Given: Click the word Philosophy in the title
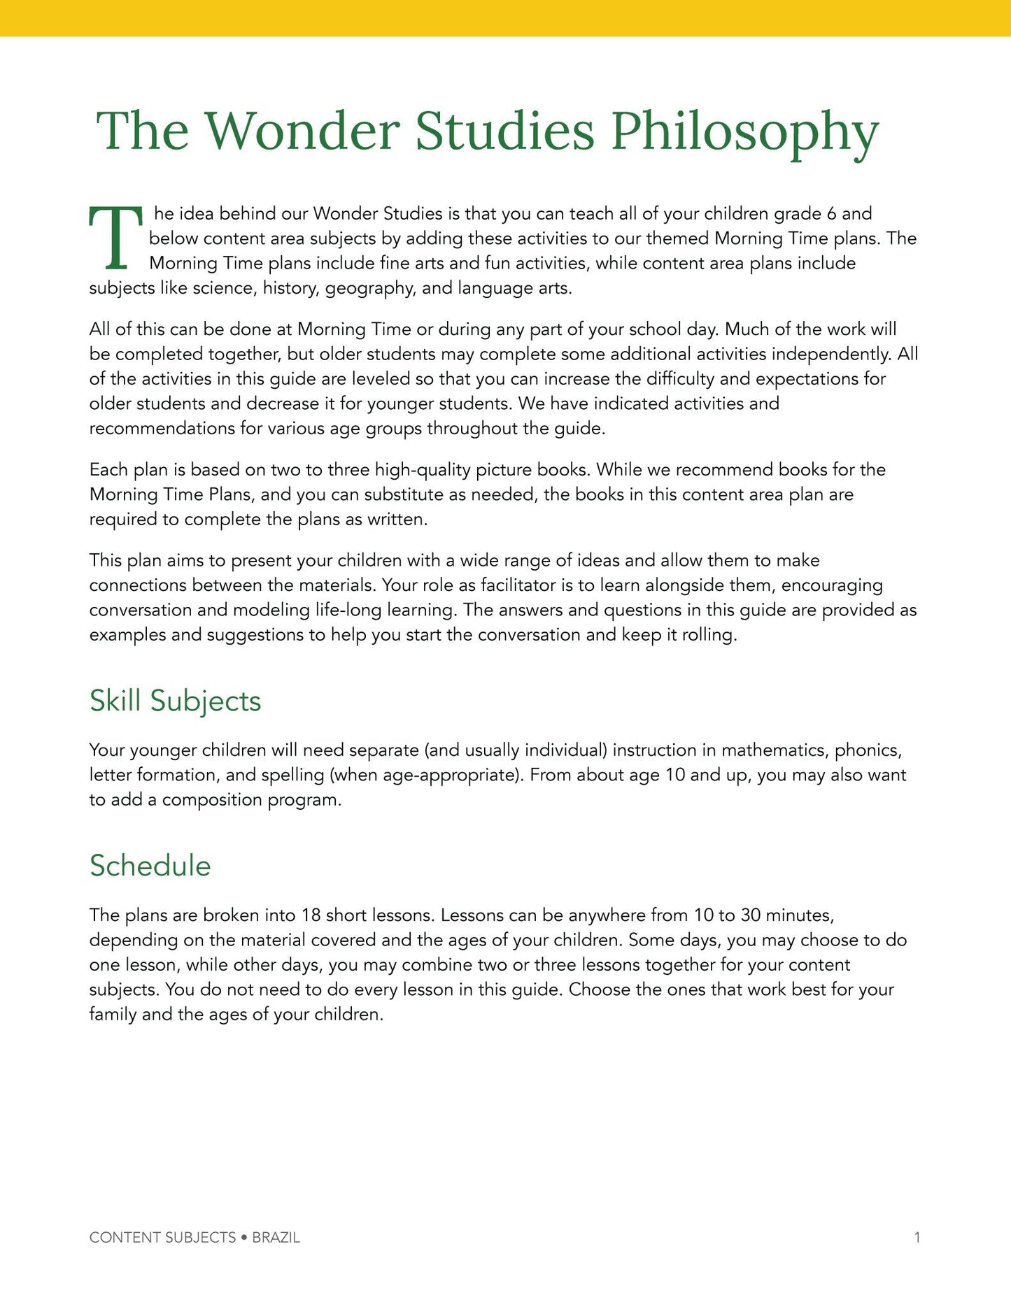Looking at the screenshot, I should coord(744,131).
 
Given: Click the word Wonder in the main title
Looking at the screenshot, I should coord(302,131).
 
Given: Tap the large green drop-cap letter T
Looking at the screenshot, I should coord(115,238).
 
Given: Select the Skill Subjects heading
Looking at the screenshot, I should coord(175,701).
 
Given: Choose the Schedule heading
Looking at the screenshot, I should coord(150,866).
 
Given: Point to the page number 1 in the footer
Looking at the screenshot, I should coord(917,1237).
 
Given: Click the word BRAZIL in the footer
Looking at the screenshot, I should coord(276,1237).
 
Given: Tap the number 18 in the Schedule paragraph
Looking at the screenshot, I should coord(311,915).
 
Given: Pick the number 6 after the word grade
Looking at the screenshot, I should coord(831,213).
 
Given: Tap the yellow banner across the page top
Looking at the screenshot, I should coord(505,17).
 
